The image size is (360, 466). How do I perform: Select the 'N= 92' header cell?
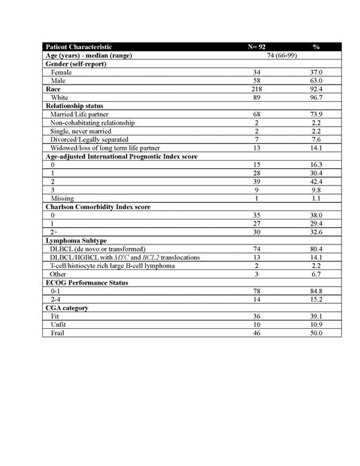tap(257, 47)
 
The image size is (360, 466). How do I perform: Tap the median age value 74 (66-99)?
tap(285, 55)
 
